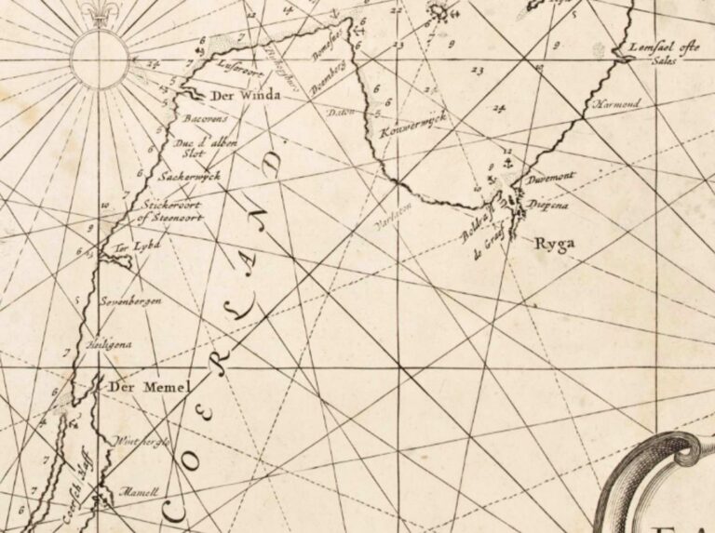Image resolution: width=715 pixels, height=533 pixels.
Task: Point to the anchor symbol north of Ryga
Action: pos(508,163)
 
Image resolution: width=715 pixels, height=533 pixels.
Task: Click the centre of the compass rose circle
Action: pos(100,59)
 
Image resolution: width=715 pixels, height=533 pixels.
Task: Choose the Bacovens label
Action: pos(206,120)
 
